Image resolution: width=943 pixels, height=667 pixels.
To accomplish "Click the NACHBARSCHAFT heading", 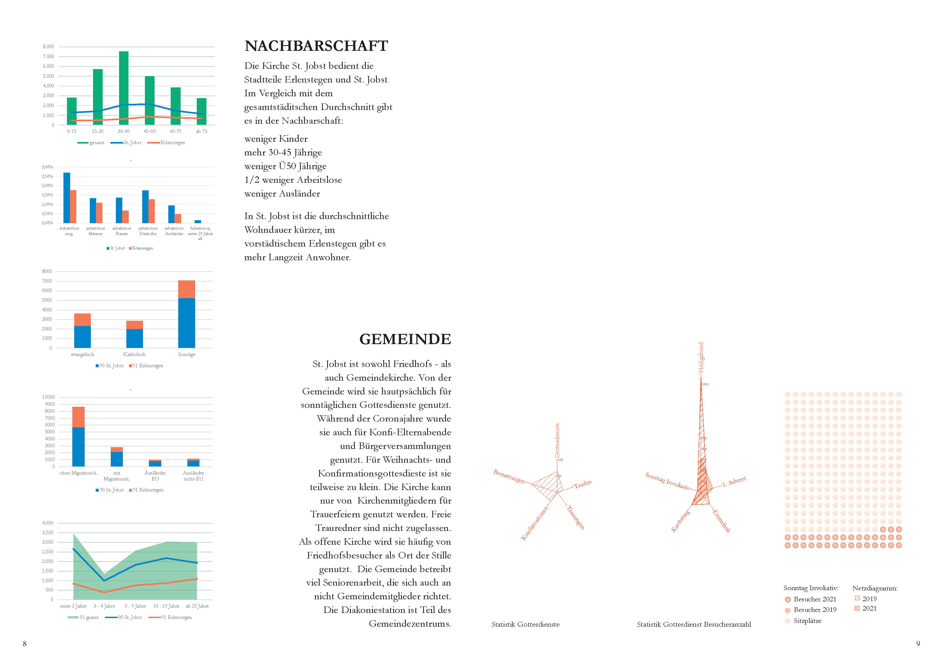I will pos(316,46).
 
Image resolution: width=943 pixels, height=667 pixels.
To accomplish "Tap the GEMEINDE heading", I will pos(405,339).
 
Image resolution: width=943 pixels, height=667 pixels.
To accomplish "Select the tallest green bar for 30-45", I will pos(124,88).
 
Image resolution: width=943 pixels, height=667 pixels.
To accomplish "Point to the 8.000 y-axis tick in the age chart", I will pos(48,47).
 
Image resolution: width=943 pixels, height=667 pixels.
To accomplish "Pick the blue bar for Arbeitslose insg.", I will pos(67,198).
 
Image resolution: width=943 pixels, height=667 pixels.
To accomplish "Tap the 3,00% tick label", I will pos(47,167).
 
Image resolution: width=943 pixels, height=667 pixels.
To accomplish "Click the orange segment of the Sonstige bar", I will pos(187,289).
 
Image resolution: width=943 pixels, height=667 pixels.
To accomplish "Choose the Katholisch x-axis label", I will pos(134,354).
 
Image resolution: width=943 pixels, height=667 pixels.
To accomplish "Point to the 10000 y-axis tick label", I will pos(48,397).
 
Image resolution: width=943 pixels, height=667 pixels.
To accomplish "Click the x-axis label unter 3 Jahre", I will pos(73,606).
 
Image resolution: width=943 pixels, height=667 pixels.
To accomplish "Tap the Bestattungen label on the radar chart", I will pos(509,476).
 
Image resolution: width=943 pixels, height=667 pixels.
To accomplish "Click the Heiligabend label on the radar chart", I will pos(701,357).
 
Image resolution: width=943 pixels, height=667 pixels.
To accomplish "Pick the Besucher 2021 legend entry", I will pos(815,599).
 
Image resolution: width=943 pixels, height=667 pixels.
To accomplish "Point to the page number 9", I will pos(918,644).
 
